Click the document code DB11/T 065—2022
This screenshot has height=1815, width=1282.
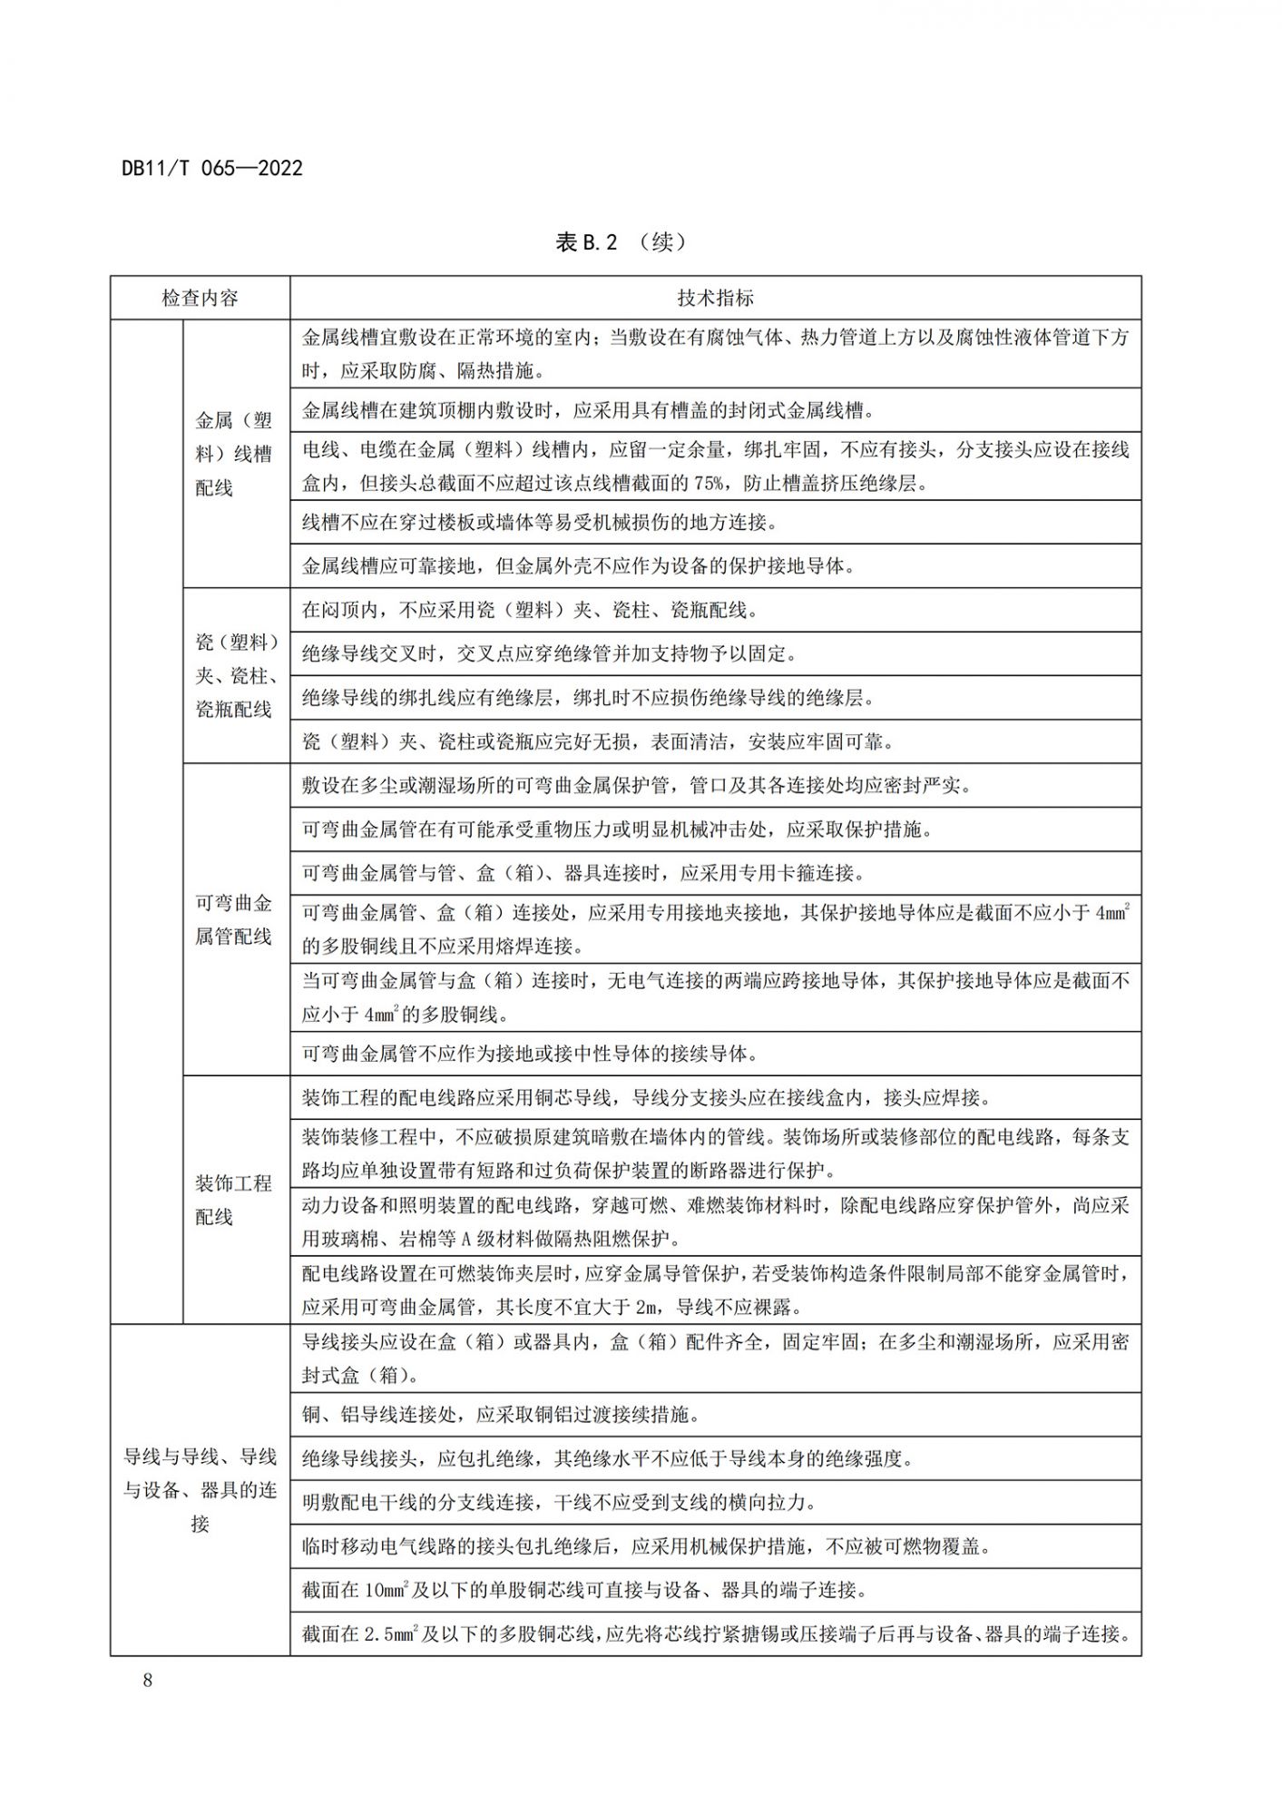click(x=211, y=169)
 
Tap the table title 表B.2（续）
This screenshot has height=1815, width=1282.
click(x=621, y=242)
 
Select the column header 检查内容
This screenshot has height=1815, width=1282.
click(x=200, y=298)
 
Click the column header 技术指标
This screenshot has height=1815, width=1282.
click(x=715, y=298)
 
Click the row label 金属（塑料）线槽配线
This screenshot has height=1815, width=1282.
click(x=234, y=454)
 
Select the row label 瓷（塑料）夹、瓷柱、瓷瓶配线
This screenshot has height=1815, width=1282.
click(x=236, y=675)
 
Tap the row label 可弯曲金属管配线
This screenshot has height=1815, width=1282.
click(x=234, y=919)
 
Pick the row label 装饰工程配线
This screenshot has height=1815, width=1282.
click(x=234, y=1200)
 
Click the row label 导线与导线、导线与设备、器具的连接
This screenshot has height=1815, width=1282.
click(x=200, y=1490)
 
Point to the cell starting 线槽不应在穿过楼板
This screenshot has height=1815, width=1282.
click(x=539, y=523)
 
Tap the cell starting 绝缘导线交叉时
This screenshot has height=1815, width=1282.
click(x=549, y=653)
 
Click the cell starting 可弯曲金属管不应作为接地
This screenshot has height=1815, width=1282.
click(x=530, y=1054)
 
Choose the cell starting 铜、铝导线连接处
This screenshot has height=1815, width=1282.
click(x=501, y=1415)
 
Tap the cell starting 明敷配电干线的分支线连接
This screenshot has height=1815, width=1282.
click(x=559, y=1502)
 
